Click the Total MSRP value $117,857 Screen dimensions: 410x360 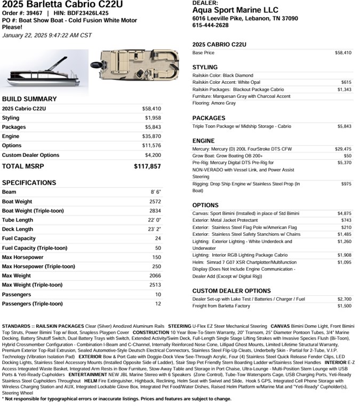pyautogui.click(x=147, y=167)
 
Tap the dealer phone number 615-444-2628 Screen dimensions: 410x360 pyautogui.click(x=210, y=25)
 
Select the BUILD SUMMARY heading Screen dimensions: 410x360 pyautogui.click(x=29, y=99)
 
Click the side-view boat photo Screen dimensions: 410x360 pyautogui.click(x=44, y=69)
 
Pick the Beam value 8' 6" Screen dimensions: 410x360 pyautogui.click(x=155, y=192)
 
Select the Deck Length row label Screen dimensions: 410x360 pyautogui.click(x=18, y=229)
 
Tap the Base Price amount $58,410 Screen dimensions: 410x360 pyautogui.click(x=343, y=53)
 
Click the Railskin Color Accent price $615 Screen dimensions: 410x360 pyautogui.click(x=346, y=83)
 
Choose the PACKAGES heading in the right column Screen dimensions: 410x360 pyautogui.click(x=209, y=118)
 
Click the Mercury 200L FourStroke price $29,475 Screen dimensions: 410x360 pyautogui.click(x=343, y=149)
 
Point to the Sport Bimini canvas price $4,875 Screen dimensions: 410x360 pyautogui.click(x=344, y=213)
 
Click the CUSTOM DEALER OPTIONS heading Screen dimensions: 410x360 pyautogui.click(x=231, y=291)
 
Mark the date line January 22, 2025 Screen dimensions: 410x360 pyautogui.click(x=47, y=35)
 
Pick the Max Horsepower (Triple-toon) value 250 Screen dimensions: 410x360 pyautogui.click(x=156, y=266)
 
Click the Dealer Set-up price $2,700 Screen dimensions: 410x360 pyautogui.click(x=344, y=299)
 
